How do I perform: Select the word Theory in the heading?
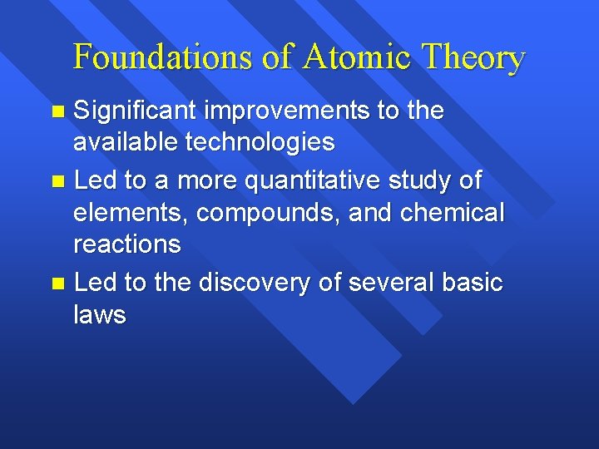click(473, 57)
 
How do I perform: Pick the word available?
click(126, 143)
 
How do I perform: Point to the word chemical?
click(452, 212)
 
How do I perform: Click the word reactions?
click(127, 244)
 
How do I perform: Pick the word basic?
click(473, 283)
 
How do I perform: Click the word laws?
click(100, 314)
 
